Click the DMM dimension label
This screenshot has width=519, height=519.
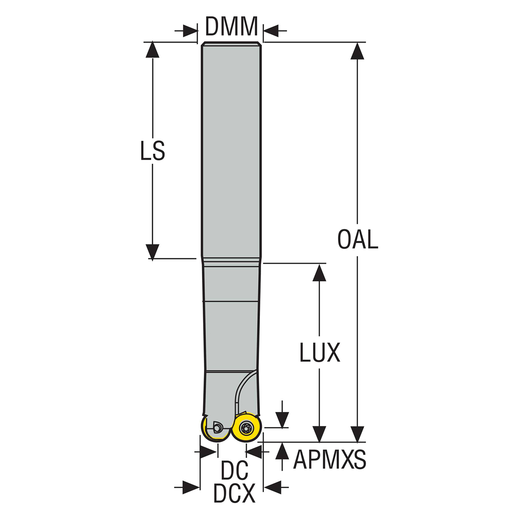tap(232, 27)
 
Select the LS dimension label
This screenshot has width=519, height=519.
tap(152, 151)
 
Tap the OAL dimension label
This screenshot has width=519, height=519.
tap(358, 239)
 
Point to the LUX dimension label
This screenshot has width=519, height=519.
tap(320, 353)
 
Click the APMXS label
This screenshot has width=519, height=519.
tap(329, 460)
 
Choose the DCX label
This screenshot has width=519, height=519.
tap(234, 493)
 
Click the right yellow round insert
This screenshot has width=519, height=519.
tap(246, 428)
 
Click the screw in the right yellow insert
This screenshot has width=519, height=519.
tap(246, 428)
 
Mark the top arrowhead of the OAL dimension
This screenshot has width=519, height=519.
tap(357, 50)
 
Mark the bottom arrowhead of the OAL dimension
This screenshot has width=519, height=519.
tap(357, 434)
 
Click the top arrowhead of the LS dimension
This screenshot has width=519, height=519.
tap(152, 49)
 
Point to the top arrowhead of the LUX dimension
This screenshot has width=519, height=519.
tap(320, 272)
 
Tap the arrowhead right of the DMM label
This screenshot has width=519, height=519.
tap(271, 30)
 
